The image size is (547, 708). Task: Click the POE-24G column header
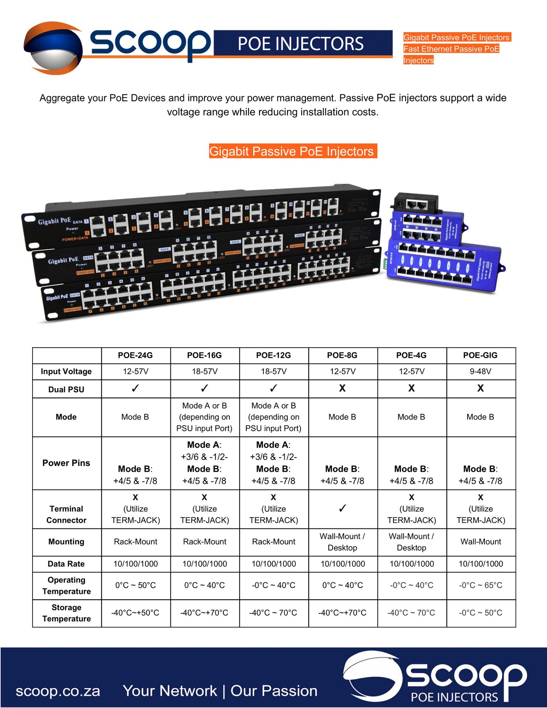pyautogui.click(x=135, y=355)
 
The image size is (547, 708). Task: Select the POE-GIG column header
pyautogui.click(x=480, y=355)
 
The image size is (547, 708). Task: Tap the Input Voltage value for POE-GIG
pyautogui.click(x=480, y=371)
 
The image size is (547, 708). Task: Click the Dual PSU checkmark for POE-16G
pyautogui.click(x=204, y=388)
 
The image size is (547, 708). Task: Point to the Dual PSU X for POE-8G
pyautogui.click(x=342, y=388)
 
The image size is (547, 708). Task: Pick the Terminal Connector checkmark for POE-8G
pyautogui.click(x=342, y=508)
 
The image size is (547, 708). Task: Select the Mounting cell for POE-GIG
pyautogui.click(x=480, y=542)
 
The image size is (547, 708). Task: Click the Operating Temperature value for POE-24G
pyautogui.click(x=135, y=585)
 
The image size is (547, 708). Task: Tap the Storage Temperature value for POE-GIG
pyautogui.click(x=480, y=613)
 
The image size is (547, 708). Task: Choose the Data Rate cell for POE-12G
pyautogui.click(x=274, y=564)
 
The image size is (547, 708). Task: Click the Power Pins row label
pyautogui.click(x=66, y=463)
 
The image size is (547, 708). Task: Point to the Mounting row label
pyautogui.click(x=66, y=542)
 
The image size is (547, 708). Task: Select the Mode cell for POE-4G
pyautogui.click(x=411, y=417)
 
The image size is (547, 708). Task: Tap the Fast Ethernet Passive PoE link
pyautogui.click(x=451, y=49)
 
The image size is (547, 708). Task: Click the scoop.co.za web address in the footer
pyautogui.click(x=58, y=691)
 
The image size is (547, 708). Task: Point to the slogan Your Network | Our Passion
pyautogui.click(x=220, y=691)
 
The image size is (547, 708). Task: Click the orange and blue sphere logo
pyautogui.click(x=53, y=48)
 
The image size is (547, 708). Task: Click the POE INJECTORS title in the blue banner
pyautogui.click(x=301, y=44)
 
